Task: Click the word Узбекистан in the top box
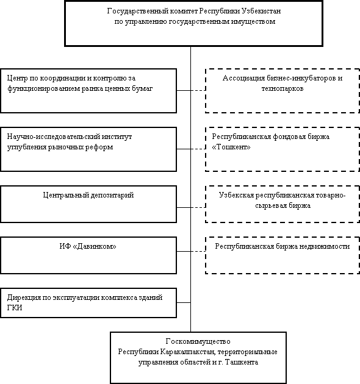tap(261, 11)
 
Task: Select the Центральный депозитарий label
tap(88, 195)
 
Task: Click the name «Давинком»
tap(95, 246)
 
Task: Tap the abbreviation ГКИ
tap(15, 308)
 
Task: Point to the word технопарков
tap(283, 88)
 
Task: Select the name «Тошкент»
tap(231, 148)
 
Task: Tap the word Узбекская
tap(236, 195)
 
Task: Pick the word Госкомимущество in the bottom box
tap(198, 341)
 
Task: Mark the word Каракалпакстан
tap(187, 352)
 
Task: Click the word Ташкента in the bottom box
tap(241, 362)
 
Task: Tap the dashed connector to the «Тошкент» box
tap(198, 149)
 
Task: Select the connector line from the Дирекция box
tap(184, 302)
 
